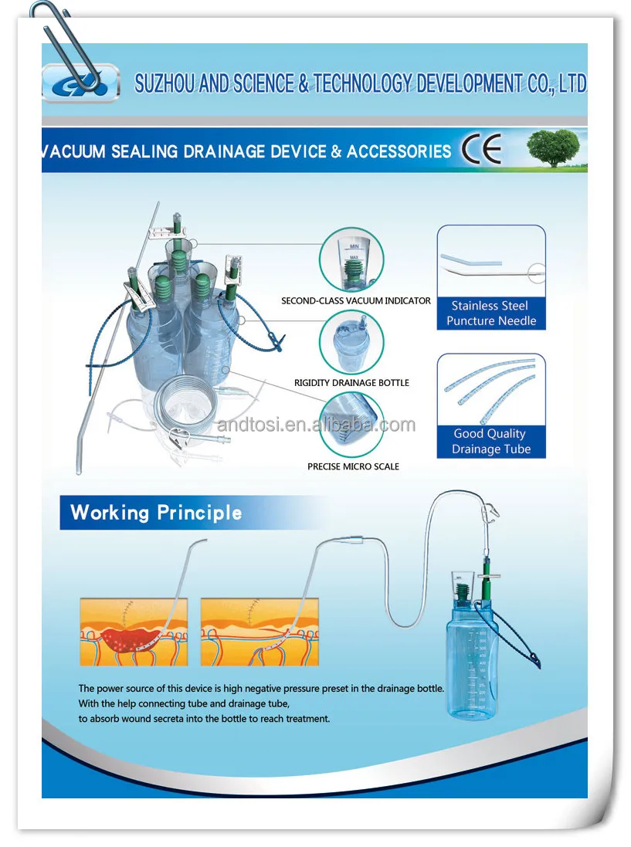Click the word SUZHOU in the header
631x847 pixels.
[165, 83]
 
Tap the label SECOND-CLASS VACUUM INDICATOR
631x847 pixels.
[356, 300]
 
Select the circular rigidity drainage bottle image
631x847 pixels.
[351, 342]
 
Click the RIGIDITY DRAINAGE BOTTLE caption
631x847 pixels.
[351, 383]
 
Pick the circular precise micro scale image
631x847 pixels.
[351, 425]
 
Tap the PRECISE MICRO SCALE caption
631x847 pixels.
[353, 466]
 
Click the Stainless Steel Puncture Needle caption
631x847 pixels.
[491, 313]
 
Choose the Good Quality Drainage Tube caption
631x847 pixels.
[491, 442]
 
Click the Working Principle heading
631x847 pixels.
[156, 513]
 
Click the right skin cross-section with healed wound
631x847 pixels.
[260, 632]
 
